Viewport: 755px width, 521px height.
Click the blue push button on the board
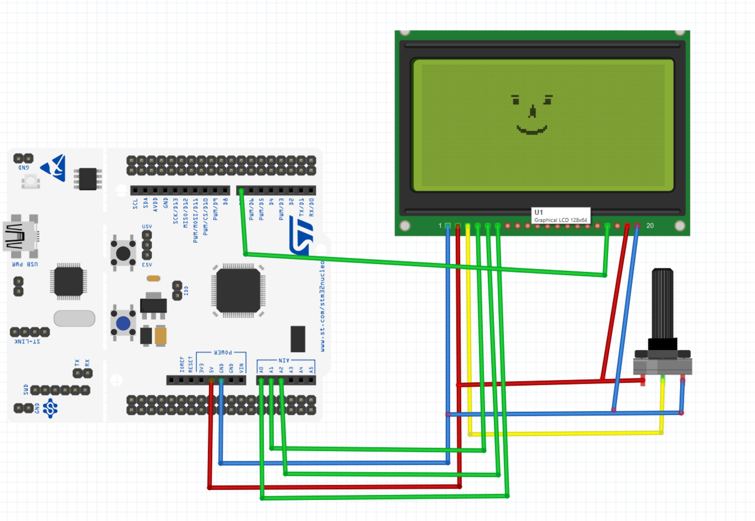coord(123,323)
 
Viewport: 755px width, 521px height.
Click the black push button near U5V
coord(123,253)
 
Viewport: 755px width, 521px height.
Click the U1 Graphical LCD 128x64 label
coord(560,216)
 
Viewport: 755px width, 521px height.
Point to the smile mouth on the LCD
coord(532,131)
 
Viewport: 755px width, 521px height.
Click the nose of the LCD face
coord(532,111)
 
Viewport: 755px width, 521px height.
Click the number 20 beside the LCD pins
coord(650,225)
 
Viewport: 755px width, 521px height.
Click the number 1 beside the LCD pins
coord(440,225)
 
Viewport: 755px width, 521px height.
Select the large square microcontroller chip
coord(238,290)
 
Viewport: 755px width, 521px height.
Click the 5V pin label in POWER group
coord(212,369)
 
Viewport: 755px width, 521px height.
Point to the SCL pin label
coord(135,204)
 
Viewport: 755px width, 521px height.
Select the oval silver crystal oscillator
coord(74,318)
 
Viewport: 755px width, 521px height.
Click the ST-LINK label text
coord(27,342)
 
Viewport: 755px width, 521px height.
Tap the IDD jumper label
coord(186,290)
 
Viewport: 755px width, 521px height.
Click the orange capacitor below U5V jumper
coord(153,279)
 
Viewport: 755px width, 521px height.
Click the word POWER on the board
coord(223,353)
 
